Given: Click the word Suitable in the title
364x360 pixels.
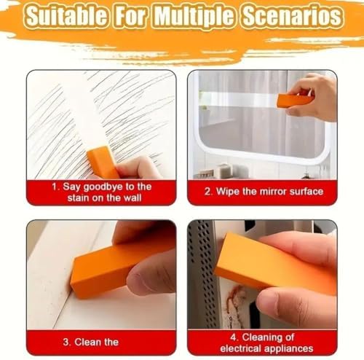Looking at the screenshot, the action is [66, 16].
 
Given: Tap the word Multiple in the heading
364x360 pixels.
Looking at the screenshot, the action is [194, 16].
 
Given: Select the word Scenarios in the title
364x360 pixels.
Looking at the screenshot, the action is [293, 16].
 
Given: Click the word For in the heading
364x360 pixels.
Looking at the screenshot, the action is [130, 16].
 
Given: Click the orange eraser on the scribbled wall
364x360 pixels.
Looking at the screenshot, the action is [103, 162].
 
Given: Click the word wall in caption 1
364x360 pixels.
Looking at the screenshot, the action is [132, 198].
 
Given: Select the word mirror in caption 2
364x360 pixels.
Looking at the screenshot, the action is [273, 192].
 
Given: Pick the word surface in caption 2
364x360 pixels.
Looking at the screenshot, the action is [306, 192].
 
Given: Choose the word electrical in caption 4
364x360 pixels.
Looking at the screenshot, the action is [242, 348].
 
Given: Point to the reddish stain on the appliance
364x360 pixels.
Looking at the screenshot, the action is [234, 298].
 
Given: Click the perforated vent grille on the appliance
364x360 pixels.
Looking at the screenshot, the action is [201, 272].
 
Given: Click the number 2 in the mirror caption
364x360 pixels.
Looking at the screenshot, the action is [207, 192].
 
